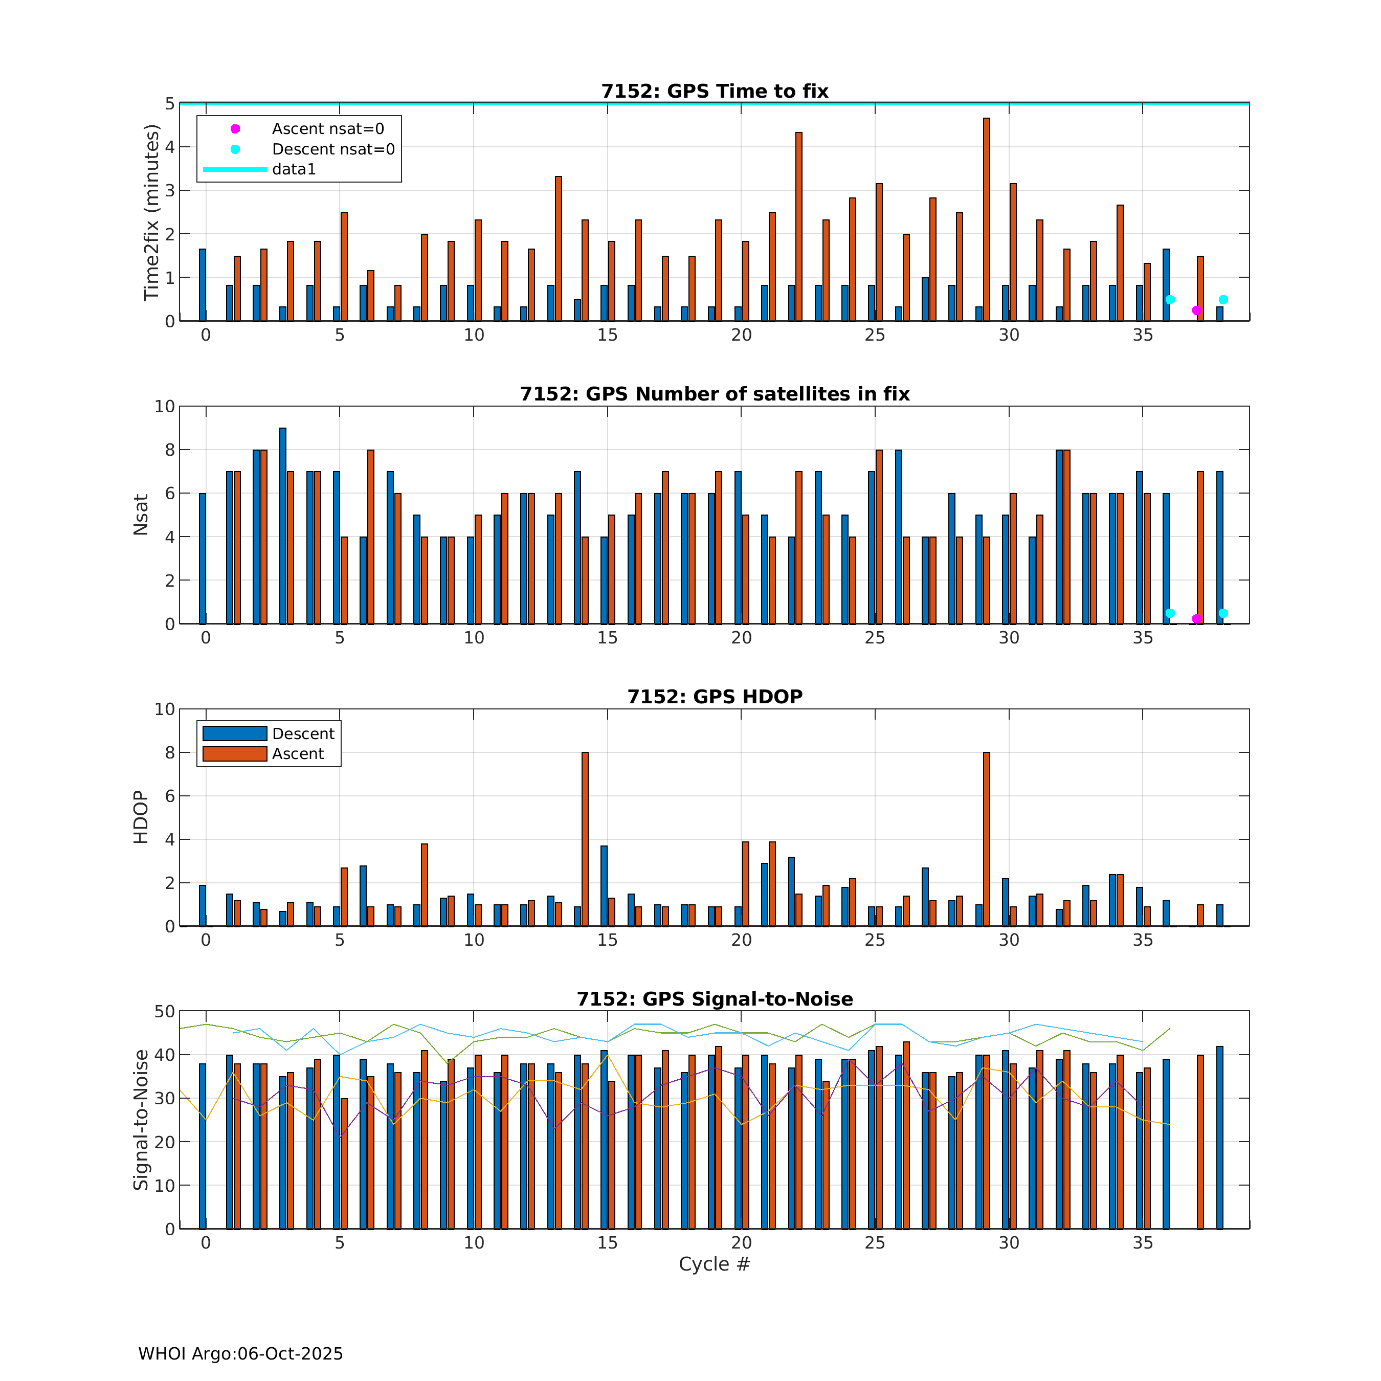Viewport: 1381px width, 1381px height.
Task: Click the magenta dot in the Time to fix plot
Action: (1196, 310)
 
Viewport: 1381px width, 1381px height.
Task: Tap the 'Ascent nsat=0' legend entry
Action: (327, 129)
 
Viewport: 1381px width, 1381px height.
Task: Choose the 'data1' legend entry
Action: (293, 169)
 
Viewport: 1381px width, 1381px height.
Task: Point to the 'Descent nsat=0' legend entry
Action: (332, 149)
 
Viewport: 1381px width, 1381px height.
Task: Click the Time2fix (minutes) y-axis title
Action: (151, 212)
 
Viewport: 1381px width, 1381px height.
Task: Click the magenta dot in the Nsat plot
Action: (1196, 619)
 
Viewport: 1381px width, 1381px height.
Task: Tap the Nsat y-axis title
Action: (141, 515)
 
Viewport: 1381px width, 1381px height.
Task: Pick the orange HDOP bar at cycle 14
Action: (585, 839)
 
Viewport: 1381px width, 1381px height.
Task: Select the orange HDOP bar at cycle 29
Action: (987, 839)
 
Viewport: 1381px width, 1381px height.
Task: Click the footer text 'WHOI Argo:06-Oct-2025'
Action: (240, 1354)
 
